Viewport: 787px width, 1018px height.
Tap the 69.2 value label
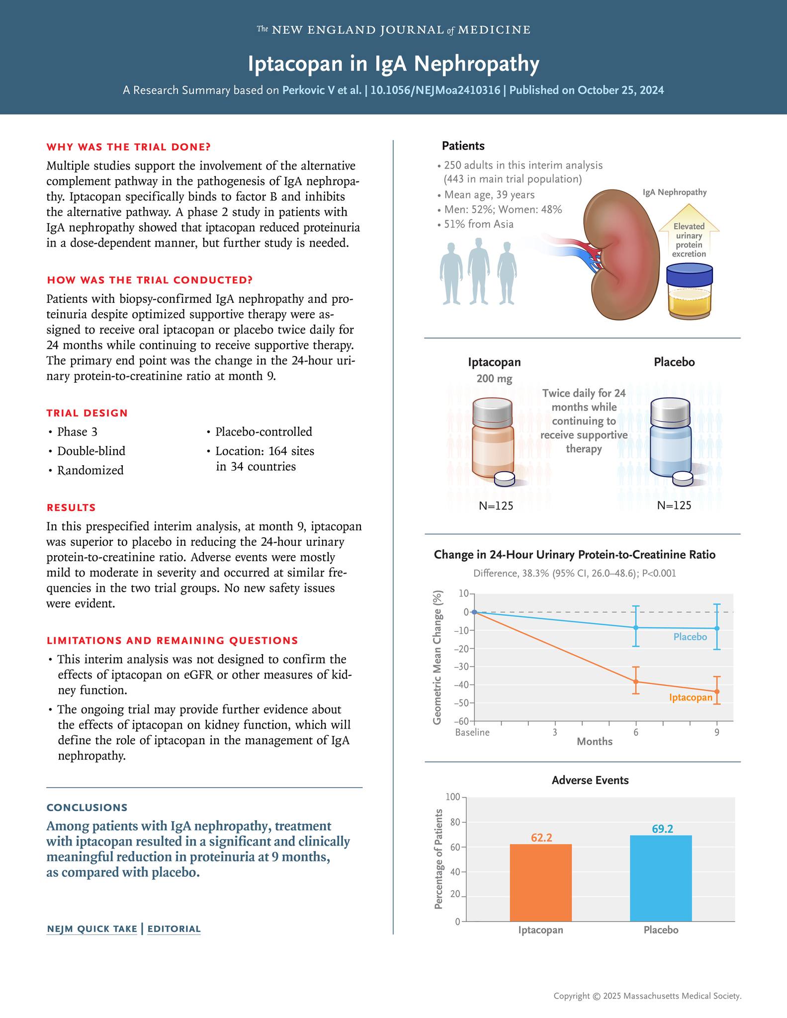coord(662,829)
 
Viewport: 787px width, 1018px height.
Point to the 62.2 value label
coord(541,838)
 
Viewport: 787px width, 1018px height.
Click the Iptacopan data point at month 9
coord(717,691)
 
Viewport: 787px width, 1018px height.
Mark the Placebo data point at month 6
coord(636,628)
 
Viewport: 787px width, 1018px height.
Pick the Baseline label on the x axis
coord(472,732)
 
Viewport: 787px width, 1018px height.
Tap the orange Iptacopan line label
coord(691,697)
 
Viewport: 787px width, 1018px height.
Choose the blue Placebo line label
coord(690,637)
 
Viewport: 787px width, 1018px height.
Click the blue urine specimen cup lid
coord(689,275)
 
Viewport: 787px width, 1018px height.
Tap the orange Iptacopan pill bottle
coord(493,440)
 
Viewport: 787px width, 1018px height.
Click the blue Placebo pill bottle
coord(671,440)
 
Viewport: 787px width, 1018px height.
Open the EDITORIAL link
coord(174,929)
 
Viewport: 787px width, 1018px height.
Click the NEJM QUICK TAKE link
coord(91,929)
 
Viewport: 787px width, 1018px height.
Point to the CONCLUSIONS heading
coord(87,807)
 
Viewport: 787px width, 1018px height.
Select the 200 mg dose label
coord(494,379)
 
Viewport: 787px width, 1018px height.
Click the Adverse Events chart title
coord(590,780)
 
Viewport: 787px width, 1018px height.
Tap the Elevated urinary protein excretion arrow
coord(689,237)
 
